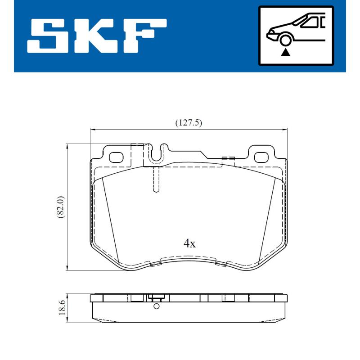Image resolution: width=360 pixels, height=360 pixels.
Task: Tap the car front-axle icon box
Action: tap(296, 35)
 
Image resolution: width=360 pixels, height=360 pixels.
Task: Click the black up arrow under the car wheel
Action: tap(285, 52)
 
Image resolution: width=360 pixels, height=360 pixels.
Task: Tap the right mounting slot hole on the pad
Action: tap(261, 157)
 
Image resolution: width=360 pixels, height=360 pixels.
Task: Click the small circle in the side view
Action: tap(156, 306)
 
